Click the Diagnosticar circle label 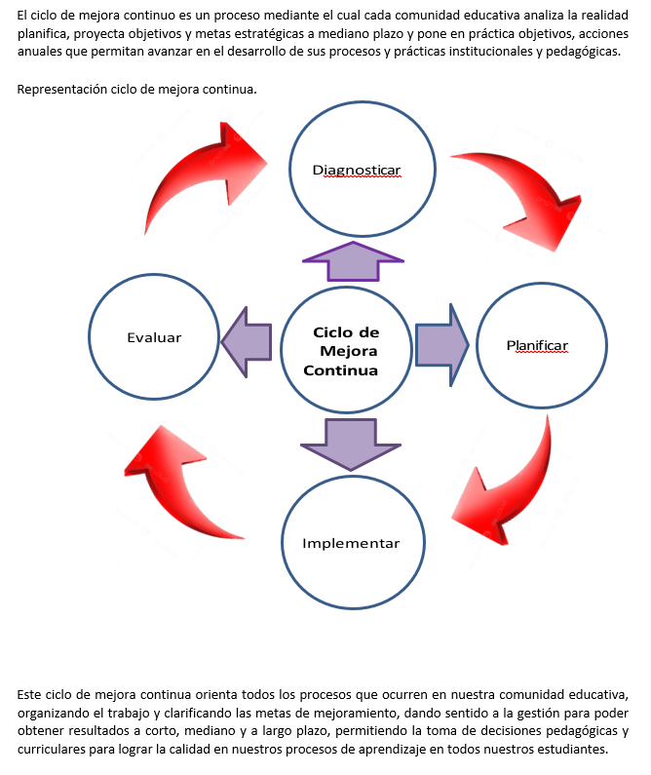point(356,170)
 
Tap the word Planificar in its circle point(537,346)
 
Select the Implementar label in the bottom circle point(351,543)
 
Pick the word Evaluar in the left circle point(154,337)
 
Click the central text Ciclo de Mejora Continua point(343,351)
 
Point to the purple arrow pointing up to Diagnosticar point(353,260)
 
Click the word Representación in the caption point(60,90)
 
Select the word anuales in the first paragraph point(40,51)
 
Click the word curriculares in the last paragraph point(53,750)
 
